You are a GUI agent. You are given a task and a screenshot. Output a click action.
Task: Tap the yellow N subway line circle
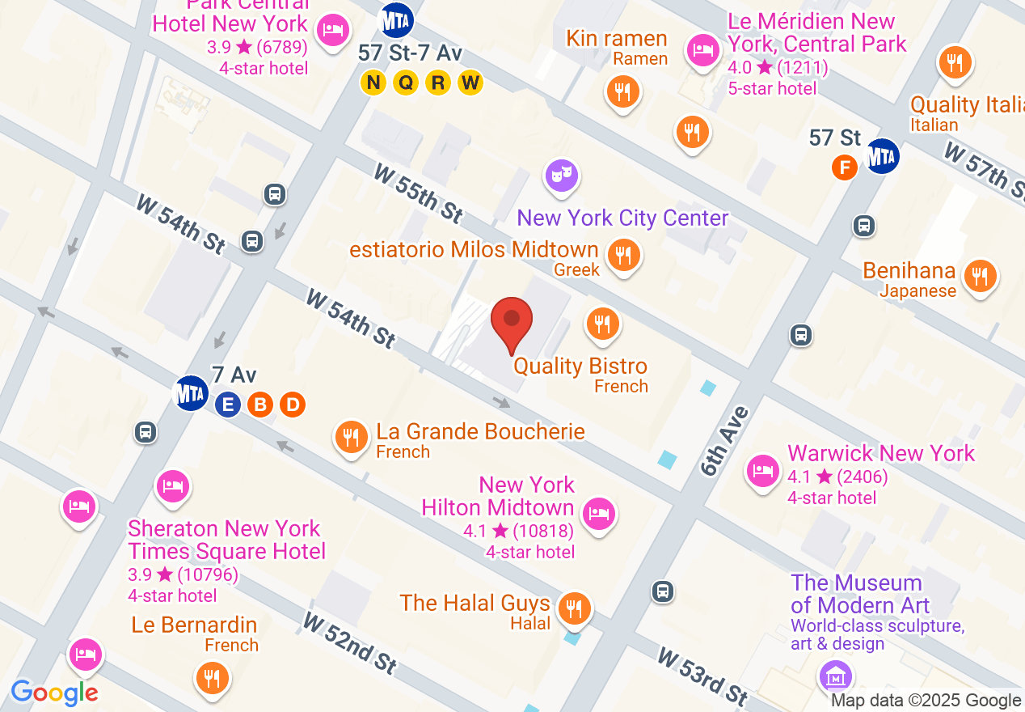click(373, 82)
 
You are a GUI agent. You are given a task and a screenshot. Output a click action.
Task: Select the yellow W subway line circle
click(470, 82)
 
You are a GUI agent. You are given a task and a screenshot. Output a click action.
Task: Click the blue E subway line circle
click(228, 405)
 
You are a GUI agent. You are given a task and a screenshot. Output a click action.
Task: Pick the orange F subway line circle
click(845, 168)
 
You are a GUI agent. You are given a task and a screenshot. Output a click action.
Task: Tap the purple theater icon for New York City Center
click(561, 175)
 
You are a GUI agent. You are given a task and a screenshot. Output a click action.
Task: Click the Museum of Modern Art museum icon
click(835, 674)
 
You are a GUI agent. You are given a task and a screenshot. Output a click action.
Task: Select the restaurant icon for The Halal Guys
click(574, 607)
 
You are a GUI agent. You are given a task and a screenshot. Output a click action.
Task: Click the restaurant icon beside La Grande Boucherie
click(350, 437)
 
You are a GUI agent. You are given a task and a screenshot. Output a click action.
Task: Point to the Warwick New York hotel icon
click(762, 469)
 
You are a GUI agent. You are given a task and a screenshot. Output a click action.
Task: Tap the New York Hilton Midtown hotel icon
click(598, 513)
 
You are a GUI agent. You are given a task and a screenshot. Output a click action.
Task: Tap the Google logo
click(54, 693)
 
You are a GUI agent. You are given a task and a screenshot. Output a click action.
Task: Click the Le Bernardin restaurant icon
click(212, 677)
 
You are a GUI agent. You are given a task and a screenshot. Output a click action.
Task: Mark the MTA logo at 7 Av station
click(192, 393)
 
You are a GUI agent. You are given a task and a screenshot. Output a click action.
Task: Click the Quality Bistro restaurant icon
click(602, 323)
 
